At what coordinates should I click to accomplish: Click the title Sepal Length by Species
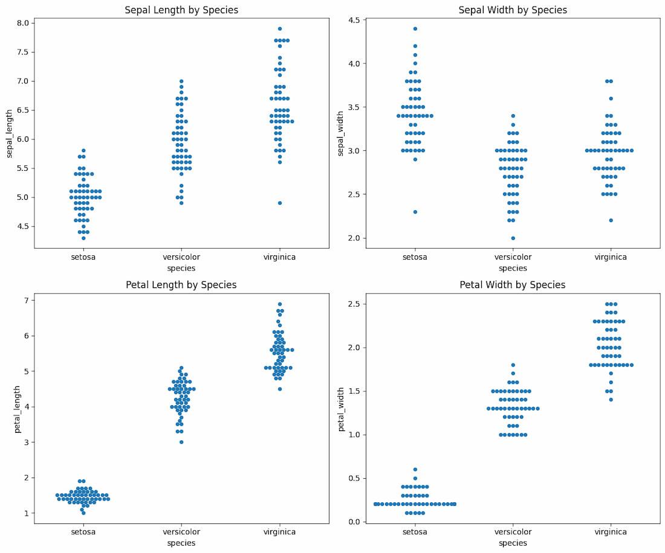pyautogui.click(x=181, y=10)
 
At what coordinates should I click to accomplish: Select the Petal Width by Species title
pyautogui.click(x=512, y=285)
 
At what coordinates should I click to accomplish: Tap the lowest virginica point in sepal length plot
pyautogui.click(x=279, y=203)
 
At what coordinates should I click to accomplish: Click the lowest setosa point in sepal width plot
pyautogui.click(x=415, y=212)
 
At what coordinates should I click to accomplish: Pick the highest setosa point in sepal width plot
pyautogui.click(x=415, y=28)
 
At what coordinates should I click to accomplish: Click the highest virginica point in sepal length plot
pyautogui.click(x=279, y=28)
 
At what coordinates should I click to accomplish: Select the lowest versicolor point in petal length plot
pyautogui.click(x=181, y=442)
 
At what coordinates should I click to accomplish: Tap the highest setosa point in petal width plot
pyautogui.click(x=415, y=469)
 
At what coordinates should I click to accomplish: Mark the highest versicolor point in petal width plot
pyautogui.click(x=513, y=365)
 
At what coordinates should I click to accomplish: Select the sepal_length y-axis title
pyautogui.click(x=10, y=135)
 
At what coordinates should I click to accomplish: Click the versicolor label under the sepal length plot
pyautogui.click(x=181, y=257)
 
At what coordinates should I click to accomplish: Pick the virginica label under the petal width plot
pyautogui.click(x=610, y=532)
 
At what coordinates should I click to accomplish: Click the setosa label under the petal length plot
pyautogui.click(x=83, y=532)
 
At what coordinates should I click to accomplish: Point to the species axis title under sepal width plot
pyautogui.click(x=513, y=268)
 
